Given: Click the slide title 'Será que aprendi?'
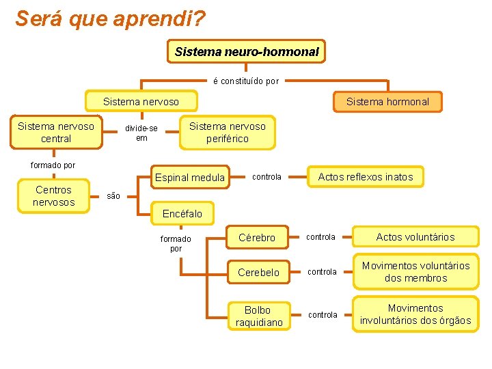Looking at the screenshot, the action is point(110,18).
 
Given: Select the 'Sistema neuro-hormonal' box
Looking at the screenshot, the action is point(247,51).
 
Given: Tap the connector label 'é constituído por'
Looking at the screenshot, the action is point(246,81).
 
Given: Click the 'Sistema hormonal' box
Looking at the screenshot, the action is point(387,102).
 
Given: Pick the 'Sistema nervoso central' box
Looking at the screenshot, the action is point(56,133).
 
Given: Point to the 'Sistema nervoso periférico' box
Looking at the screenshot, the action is point(228,133).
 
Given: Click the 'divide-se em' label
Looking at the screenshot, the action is point(141,133).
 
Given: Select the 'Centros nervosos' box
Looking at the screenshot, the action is point(54,196).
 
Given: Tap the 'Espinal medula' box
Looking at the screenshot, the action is point(190,178).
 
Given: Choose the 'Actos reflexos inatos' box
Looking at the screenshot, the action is point(366,177).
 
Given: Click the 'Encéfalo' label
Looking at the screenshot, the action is point(182,214).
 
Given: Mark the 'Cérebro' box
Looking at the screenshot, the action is point(257,238).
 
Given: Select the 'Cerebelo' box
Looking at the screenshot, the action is point(258,272).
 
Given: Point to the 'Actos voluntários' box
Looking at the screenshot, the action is point(415,237).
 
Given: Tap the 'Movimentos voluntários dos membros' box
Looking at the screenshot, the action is point(415,272).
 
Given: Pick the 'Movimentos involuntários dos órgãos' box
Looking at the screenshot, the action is point(415,314).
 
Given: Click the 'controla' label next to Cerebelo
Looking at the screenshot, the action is point(321,272).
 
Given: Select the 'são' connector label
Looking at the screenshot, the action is point(114,196).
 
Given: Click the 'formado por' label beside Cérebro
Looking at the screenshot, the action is point(176,243).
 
